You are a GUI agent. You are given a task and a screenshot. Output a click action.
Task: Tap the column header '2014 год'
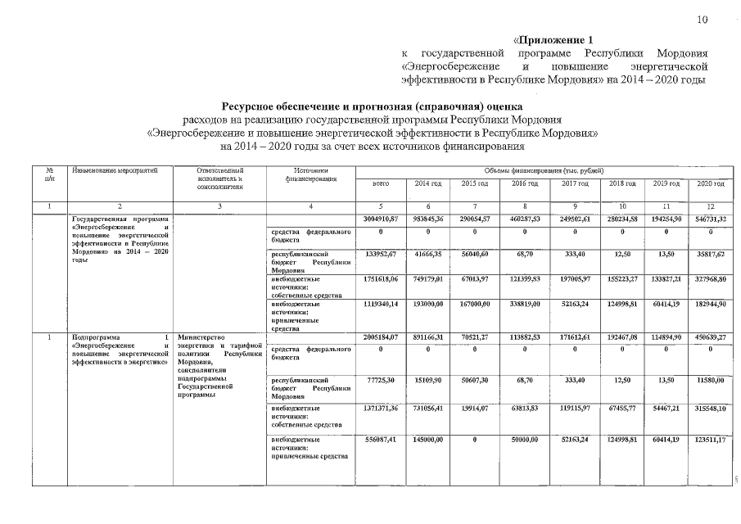pos(428,184)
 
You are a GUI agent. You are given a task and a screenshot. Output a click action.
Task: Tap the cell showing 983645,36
pos(428,219)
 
